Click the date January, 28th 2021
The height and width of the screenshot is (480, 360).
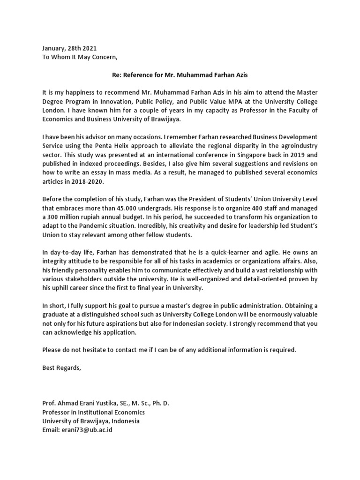pyautogui.click(x=70, y=48)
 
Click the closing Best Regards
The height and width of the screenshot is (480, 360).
pyautogui.click(x=61, y=368)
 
